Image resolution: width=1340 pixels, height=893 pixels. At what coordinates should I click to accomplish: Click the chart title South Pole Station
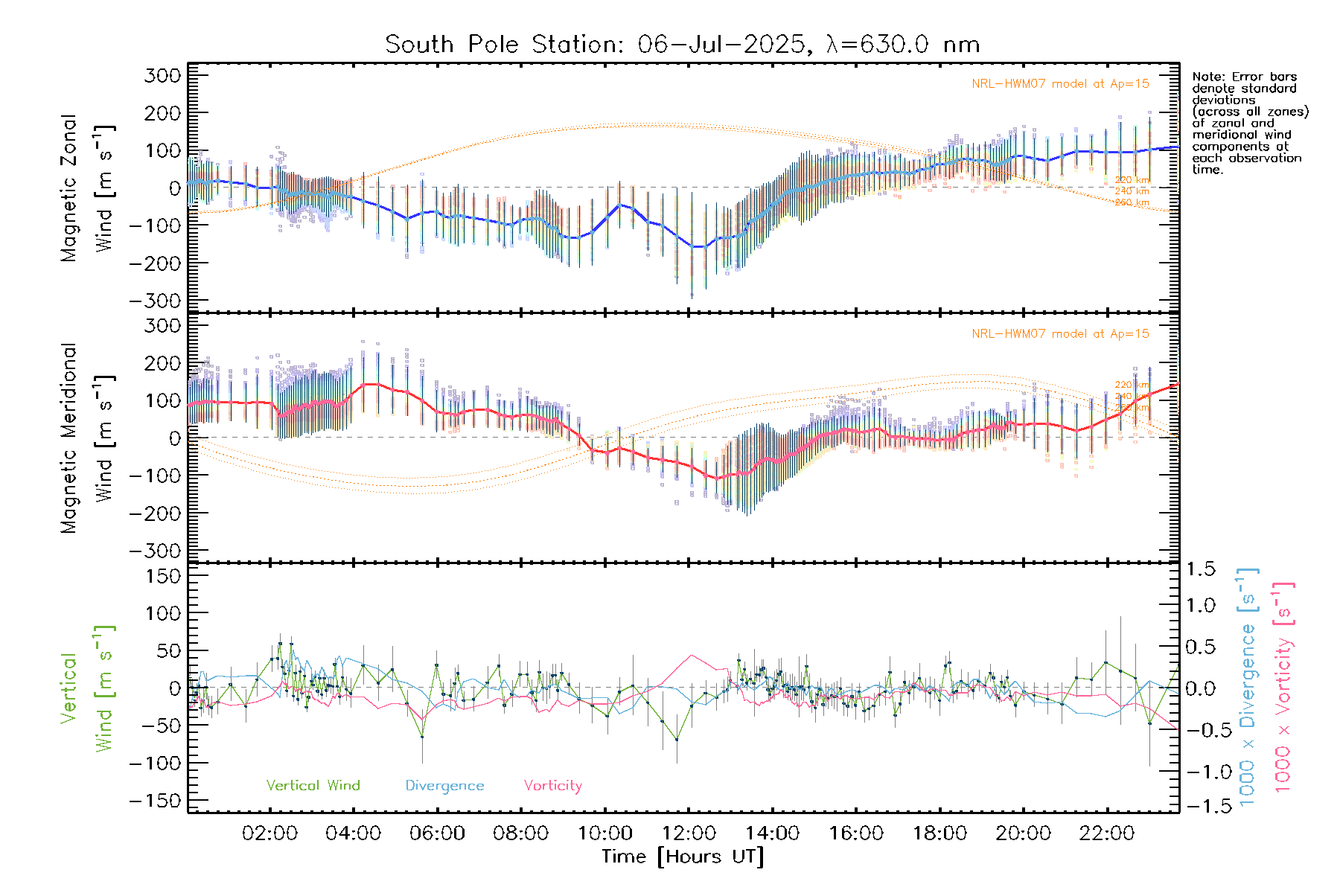tap(681, 45)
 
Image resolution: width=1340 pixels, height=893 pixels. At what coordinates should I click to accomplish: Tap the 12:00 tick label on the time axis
tap(689, 833)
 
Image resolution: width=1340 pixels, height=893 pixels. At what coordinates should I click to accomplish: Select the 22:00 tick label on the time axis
tap(1107, 833)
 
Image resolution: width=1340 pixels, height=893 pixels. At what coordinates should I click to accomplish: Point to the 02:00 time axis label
tap(270, 833)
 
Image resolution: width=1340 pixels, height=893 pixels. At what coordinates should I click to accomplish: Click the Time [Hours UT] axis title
tap(683, 857)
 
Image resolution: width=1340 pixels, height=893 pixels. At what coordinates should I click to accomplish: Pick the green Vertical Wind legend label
tap(313, 785)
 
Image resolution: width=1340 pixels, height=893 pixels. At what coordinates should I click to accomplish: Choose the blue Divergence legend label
tap(444, 785)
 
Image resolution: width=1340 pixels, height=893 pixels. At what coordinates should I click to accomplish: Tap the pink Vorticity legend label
tap(552, 785)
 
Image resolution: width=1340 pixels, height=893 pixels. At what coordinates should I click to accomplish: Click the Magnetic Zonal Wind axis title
tap(88, 188)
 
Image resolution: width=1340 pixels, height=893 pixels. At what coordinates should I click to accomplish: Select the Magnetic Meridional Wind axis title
tap(88, 438)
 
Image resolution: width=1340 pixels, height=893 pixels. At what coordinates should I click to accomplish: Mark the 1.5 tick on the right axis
tap(1200, 569)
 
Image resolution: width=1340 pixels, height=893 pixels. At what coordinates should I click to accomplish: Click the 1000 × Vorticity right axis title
tap(1283, 686)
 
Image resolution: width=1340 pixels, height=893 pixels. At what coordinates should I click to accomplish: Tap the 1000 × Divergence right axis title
tap(1248, 686)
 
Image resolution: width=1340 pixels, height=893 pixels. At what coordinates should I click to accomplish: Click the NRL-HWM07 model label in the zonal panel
tap(1060, 84)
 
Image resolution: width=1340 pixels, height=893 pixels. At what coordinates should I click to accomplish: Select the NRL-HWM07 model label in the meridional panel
tap(1060, 334)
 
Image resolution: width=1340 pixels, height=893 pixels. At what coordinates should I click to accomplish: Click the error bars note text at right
tap(1249, 123)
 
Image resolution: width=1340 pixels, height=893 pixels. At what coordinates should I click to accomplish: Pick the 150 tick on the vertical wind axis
tap(163, 576)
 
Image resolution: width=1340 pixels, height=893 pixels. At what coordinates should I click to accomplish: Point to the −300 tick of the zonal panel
tap(154, 301)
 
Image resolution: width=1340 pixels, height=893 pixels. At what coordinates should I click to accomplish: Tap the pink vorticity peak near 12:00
tap(692, 656)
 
